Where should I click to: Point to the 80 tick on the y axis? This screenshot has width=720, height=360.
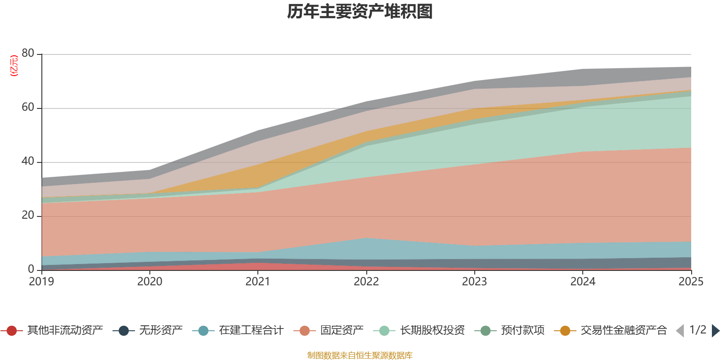click(28, 54)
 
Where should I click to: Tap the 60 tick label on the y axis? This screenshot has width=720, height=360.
click(28, 108)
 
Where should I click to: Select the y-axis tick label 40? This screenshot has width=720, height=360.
click(28, 162)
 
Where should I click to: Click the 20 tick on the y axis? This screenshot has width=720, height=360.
click(28, 216)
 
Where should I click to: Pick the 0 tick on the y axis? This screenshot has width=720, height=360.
click(31, 270)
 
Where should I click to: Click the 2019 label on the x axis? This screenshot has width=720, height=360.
click(41, 282)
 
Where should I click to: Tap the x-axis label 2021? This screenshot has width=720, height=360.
click(258, 282)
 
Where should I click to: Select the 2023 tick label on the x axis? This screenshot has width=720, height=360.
click(474, 282)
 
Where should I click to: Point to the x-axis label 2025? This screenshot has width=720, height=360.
click(690, 282)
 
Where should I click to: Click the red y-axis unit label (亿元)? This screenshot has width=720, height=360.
click(14, 66)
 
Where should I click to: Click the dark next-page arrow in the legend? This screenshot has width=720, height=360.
click(715, 331)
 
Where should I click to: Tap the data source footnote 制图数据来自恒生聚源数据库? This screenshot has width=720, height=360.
click(360, 355)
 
